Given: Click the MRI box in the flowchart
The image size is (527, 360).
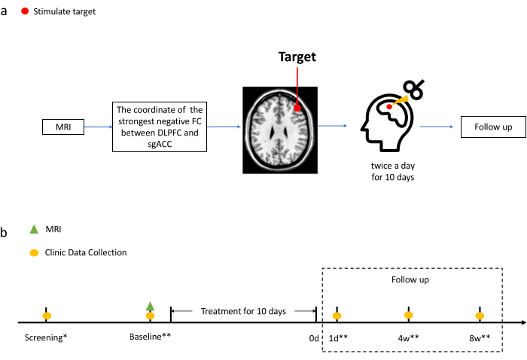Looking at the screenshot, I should pyautogui.click(x=62, y=127).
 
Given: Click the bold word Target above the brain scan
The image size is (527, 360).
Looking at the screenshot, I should pyautogui.click(x=298, y=56).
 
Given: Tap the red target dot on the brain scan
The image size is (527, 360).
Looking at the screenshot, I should pyautogui.click(x=298, y=108).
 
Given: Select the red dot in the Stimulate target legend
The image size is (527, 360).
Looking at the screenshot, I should pyautogui.click(x=26, y=12).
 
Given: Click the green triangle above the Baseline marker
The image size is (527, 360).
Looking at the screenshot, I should pyautogui.click(x=151, y=306).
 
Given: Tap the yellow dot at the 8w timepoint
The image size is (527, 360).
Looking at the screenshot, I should pyautogui.click(x=480, y=316).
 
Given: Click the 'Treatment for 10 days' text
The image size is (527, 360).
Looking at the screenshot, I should pyautogui.click(x=243, y=310).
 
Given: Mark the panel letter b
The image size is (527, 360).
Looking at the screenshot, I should pyautogui.click(x=5, y=233).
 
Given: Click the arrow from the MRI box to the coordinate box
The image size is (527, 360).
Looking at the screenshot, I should pyautogui.click(x=97, y=127).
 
